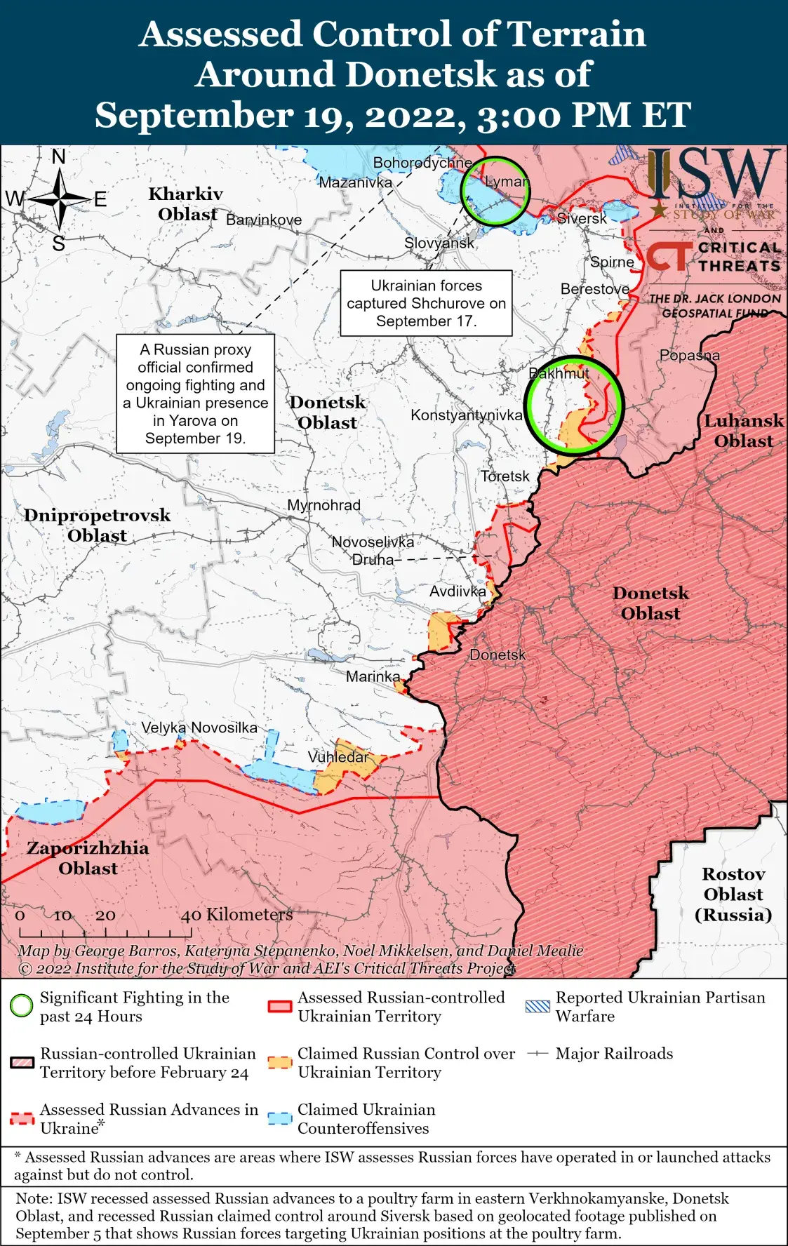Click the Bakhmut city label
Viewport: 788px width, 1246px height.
(559, 373)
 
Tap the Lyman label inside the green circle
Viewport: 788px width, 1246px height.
(507, 182)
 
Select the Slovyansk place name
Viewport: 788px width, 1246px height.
(439, 243)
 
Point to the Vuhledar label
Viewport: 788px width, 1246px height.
(338, 757)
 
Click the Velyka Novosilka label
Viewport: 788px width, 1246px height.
(199, 728)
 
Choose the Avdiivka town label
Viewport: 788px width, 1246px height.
(458, 591)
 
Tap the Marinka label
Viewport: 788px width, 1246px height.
(373, 676)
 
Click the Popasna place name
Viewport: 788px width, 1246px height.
(689, 355)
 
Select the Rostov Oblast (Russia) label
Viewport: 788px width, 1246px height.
(733, 894)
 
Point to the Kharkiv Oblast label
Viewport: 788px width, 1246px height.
(187, 203)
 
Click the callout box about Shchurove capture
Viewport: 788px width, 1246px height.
(426, 303)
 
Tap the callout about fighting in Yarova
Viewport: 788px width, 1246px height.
(195, 394)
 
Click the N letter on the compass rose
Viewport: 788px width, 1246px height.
(59, 157)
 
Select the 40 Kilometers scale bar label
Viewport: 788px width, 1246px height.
(237, 914)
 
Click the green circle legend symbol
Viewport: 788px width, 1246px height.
(22, 1006)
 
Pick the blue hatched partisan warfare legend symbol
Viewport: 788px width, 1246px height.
(537, 1006)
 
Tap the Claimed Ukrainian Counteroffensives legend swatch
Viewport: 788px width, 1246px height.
(280, 1118)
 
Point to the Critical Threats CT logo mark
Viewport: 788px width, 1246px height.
(668, 257)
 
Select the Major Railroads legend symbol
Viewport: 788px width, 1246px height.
(537, 1053)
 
